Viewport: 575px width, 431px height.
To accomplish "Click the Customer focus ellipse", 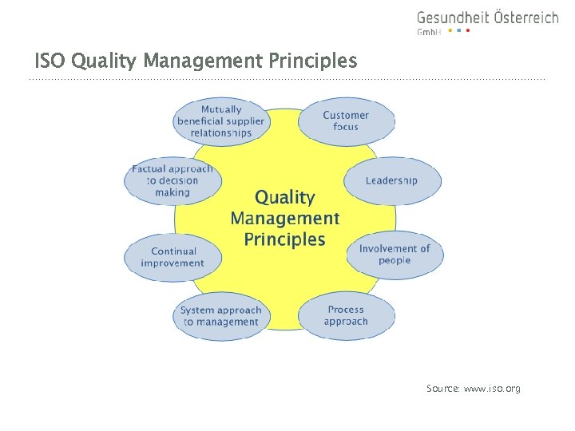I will [x=346, y=121].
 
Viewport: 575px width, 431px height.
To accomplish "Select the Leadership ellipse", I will [x=391, y=180].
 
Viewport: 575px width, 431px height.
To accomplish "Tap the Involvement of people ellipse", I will [x=395, y=255].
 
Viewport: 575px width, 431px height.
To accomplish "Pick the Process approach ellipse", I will [x=346, y=315].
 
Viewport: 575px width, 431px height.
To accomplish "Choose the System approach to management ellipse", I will [x=220, y=316].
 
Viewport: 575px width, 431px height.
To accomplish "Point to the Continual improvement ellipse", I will [x=172, y=257].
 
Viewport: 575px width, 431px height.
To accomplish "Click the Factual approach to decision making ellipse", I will [x=172, y=180].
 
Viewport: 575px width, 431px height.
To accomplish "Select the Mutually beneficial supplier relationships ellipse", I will [x=220, y=121].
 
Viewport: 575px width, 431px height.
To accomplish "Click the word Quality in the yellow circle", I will [x=285, y=197].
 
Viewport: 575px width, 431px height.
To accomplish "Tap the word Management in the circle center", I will [x=285, y=218].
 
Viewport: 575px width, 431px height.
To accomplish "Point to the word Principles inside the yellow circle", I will [x=285, y=239].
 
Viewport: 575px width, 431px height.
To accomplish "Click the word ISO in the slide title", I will [x=46, y=61].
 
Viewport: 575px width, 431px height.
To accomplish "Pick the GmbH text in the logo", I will [x=429, y=32].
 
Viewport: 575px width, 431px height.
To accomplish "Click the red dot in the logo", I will [x=468, y=31].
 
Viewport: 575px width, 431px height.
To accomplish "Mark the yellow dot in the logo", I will [x=450, y=31].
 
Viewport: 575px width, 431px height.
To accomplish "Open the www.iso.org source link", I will [x=492, y=389].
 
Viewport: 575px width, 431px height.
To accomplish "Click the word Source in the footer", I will [x=442, y=389].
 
